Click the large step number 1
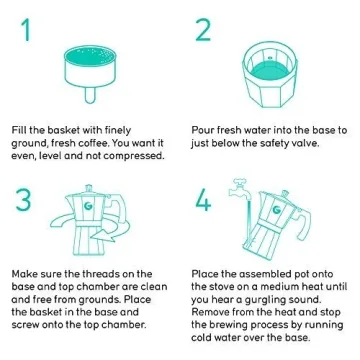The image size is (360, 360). [x=25, y=30]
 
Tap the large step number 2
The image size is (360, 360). [x=203, y=30]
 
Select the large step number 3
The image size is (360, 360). [x=23, y=200]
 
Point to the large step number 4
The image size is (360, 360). [x=203, y=200]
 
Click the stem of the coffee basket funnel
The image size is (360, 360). [x=90, y=95]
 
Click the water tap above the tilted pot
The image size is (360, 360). [x=240, y=189]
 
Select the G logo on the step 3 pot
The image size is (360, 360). [x=89, y=207]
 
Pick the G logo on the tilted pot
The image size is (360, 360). [x=276, y=210]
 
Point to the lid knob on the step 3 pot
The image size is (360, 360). [x=88, y=188]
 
